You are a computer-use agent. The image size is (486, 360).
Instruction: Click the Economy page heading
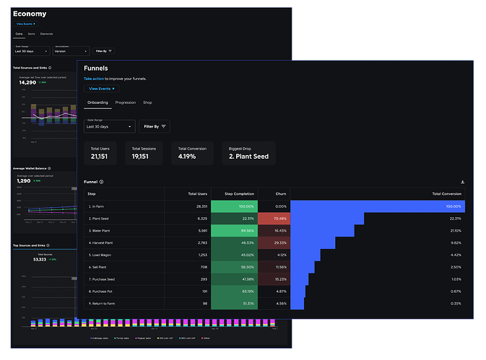(x=30, y=14)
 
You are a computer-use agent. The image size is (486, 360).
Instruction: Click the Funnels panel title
(x=96, y=68)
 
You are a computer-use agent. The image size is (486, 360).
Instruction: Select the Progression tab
(x=126, y=103)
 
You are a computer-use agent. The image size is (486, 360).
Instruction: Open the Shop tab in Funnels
(x=147, y=103)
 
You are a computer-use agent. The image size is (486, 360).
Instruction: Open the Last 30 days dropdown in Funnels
(x=109, y=126)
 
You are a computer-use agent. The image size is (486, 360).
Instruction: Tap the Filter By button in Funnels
(x=155, y=126)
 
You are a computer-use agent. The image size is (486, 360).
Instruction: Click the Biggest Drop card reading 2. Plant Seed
(x=248, y=152)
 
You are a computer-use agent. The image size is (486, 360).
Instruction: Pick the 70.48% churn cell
(x=274, y=218)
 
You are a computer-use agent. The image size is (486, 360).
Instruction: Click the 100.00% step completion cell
(x=233, y=206)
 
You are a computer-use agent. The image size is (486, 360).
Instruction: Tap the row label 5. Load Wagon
(x=100, y=255)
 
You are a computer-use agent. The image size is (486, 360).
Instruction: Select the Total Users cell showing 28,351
(x=197, y=206)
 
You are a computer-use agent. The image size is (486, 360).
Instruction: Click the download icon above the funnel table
(x=462, y=182)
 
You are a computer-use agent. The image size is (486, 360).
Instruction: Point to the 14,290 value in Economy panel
(x=28, y=82)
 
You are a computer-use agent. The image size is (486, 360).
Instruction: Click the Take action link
(x=94, y=78)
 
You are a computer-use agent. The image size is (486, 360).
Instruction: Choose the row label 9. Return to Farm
(x=103, y=304)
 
